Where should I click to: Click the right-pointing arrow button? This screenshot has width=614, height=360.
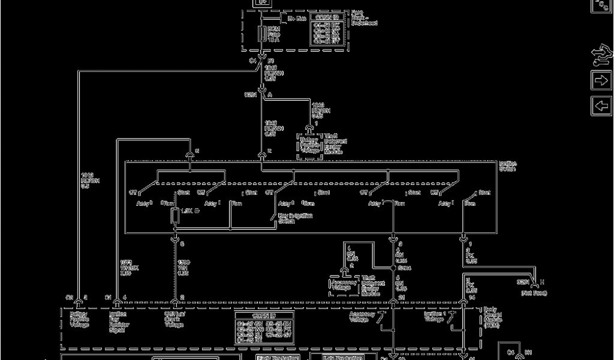pos(601,80)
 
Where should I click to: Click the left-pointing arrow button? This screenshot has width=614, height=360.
pos(601,106)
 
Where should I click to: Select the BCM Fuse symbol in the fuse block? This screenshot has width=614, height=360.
pos(262,34)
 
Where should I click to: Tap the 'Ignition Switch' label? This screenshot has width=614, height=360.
pos(507,166)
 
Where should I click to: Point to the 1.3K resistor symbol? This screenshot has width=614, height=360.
pos(175,215)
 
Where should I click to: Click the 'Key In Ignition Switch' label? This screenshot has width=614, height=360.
pos(295,218)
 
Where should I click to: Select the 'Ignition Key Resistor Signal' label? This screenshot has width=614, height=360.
pos(118,322)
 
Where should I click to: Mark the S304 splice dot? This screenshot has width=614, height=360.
pos(393,269)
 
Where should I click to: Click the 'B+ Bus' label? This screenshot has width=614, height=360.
pos(297,19)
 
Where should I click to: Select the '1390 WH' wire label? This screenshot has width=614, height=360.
pos(183,268)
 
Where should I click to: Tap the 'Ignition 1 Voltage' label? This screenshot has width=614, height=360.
pos(434,316)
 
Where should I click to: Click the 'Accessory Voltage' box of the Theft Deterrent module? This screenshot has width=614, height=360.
pos(343,285)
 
